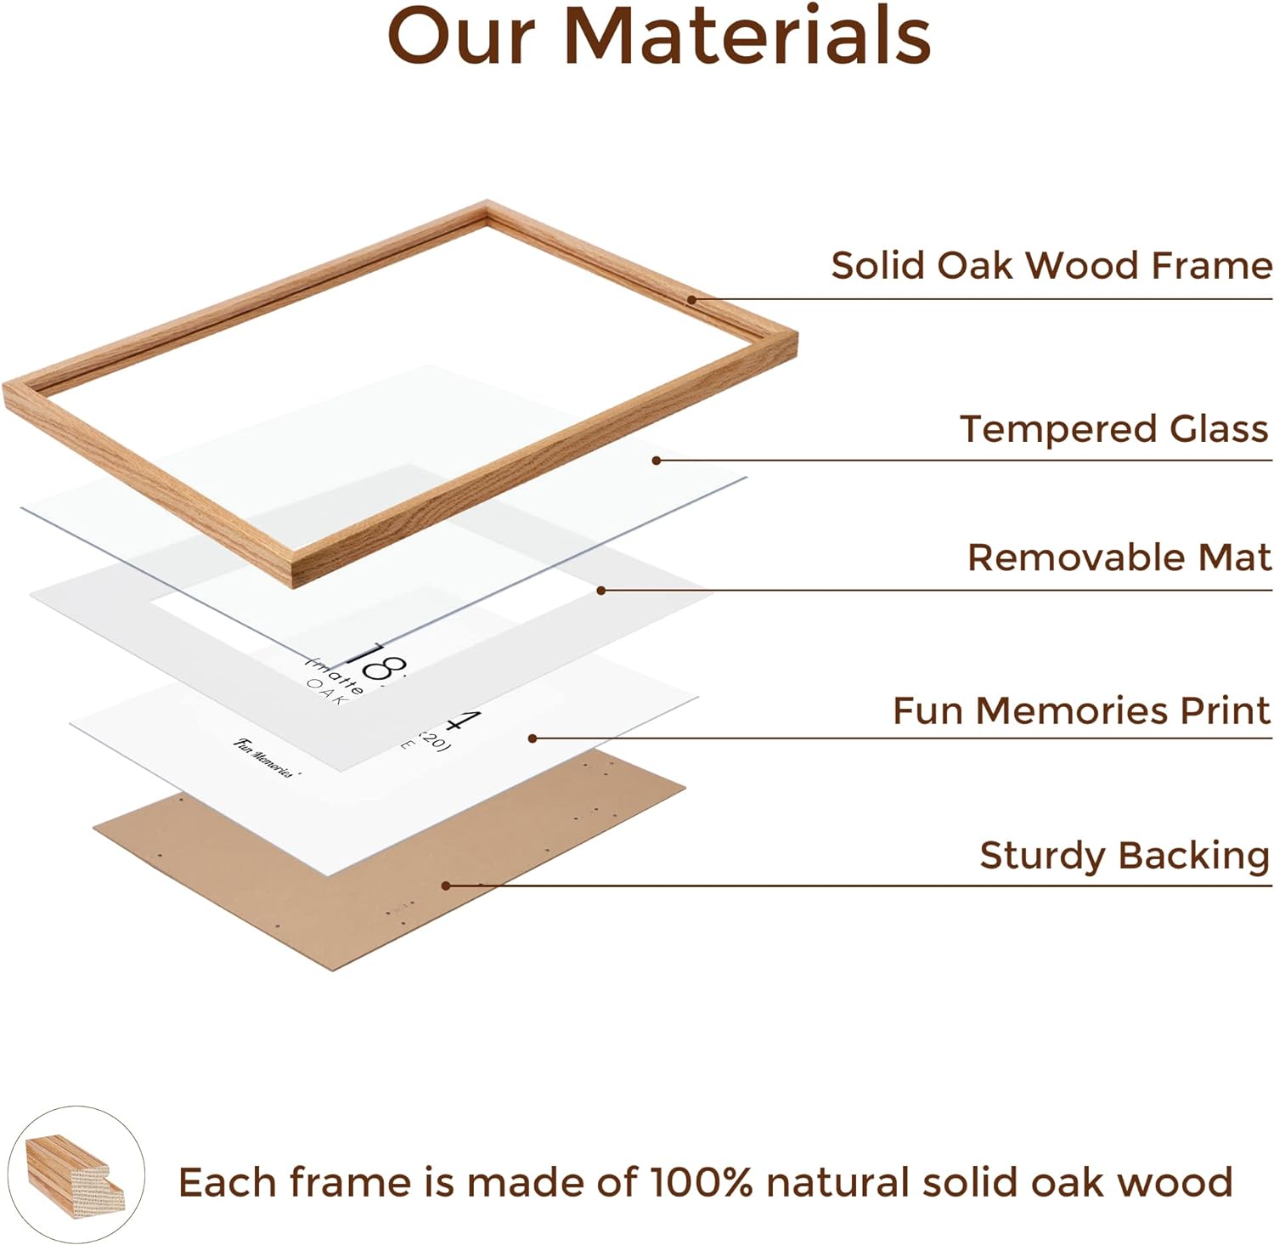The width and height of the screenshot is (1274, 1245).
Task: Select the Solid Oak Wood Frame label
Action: (x=1051, y=265)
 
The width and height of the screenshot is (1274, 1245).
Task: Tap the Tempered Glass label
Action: (x=1113, y=428)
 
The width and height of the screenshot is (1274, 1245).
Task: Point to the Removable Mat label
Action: (x=1119, y=557)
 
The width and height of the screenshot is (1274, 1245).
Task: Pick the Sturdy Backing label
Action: (x=1124, y=855)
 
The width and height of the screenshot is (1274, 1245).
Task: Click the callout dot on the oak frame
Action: (x=692, y=299)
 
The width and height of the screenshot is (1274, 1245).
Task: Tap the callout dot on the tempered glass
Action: (x=657, y=461)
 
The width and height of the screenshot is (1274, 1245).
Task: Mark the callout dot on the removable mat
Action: (x=600, y=590)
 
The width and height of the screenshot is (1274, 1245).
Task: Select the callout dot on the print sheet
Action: (x=533, y=739)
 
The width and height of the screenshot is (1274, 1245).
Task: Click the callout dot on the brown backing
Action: (x=446, y=886)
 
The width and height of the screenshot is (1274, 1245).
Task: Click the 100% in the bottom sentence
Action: (x=700, y=1182)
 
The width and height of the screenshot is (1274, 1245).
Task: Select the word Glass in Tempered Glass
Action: (x=1219, y=428)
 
